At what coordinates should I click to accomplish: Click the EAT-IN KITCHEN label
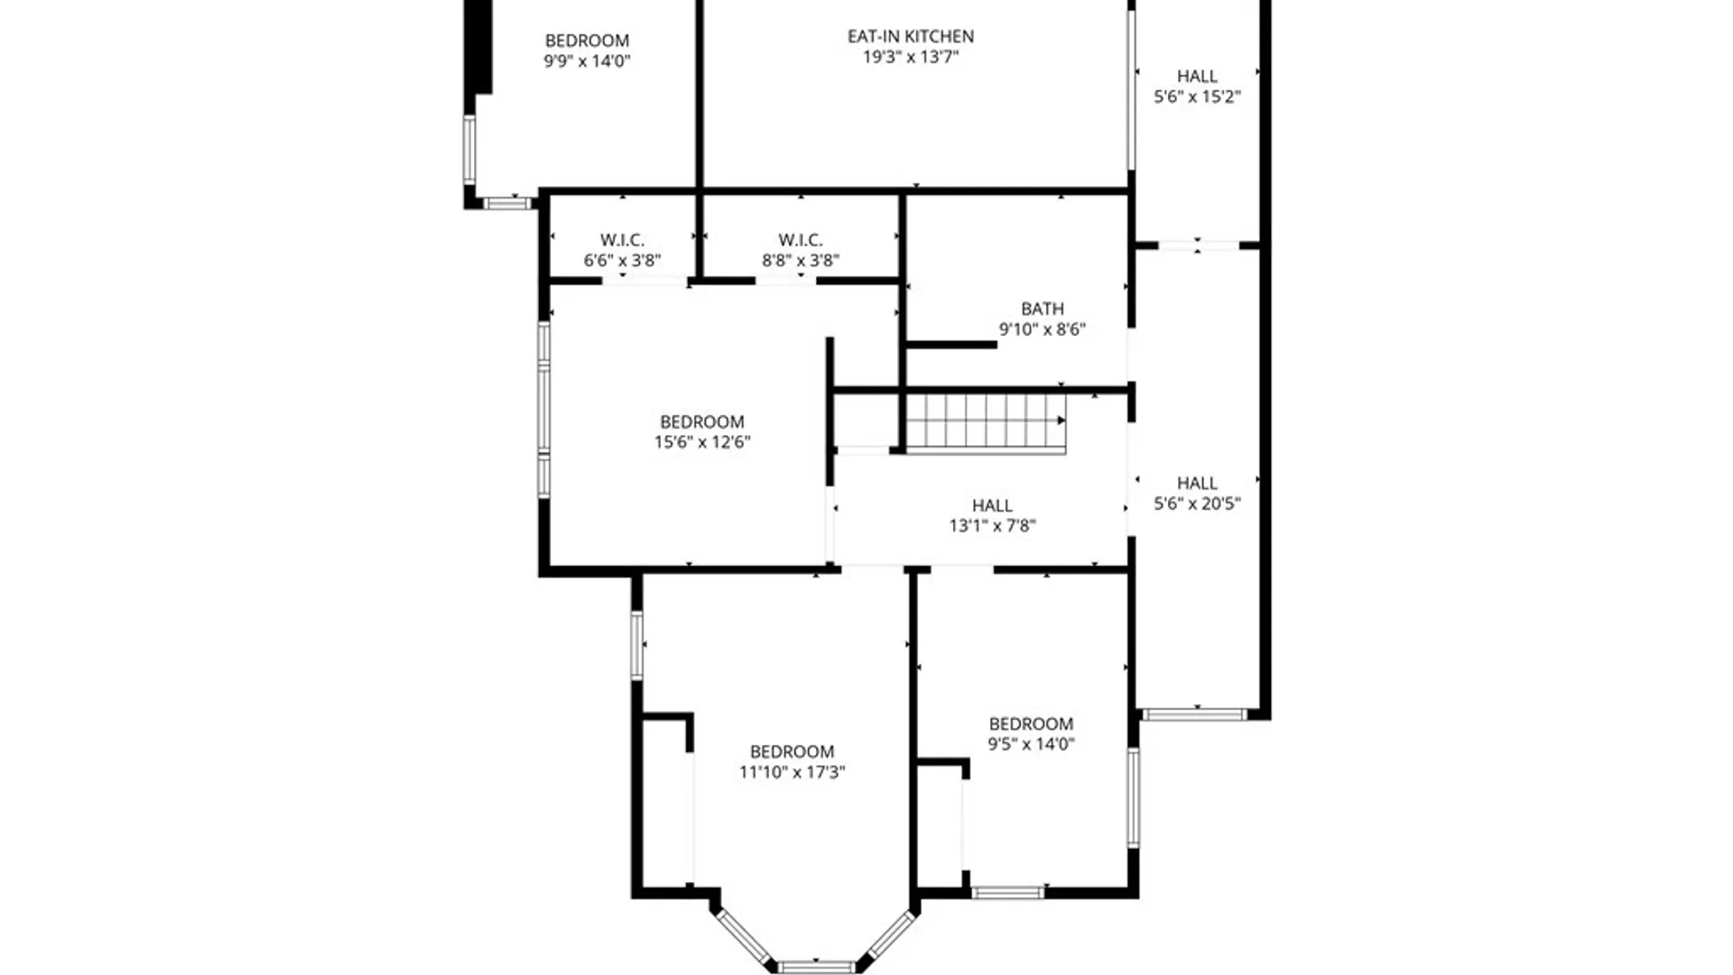[x=910, y=37]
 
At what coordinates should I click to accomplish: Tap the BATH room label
[x=1042, y=309]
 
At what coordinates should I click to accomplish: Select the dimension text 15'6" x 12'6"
[x=702, y=442]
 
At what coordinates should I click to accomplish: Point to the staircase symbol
[x=985, y=422]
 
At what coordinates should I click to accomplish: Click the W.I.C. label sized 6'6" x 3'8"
[x=622, y=240]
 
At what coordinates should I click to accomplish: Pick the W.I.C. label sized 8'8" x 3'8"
[x=801, y=240]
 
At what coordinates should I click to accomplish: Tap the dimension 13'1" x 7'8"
[x=992, y=525]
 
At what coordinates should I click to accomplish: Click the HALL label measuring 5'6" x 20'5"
[x=1197, y=483]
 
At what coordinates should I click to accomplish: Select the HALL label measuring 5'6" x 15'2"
[x=1197, y=77]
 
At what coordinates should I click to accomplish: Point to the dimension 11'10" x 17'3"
[x=792, y=772]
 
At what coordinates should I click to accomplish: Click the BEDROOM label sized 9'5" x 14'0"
[x=1031, y=724]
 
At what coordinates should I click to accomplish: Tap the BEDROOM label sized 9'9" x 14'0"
[x=587, y=41]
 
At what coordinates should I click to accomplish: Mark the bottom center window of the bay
[x=816, y=967]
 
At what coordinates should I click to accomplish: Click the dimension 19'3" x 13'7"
[x=910, y=57]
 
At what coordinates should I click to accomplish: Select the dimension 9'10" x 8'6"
[x=1042, y=330]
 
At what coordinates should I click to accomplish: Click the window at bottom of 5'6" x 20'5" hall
[x=1194, y=715]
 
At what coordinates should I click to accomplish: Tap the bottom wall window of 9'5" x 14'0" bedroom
[x=1007, y=893]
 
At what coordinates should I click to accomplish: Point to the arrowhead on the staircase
[x=1061, y=421]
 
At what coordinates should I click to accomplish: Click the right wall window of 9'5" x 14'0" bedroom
[x=1134, y=797]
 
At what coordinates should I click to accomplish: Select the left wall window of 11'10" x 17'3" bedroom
[x=636, y=645]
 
